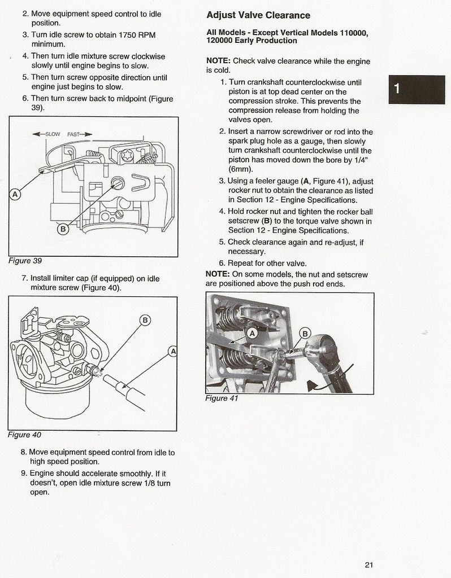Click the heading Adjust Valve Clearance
258,15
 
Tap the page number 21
369,564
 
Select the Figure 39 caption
25,261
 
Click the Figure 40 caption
24,435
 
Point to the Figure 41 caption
222,398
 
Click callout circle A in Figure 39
15,194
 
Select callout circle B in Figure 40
145,320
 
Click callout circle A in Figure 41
252,333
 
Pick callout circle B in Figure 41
305,333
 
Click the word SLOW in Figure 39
53,134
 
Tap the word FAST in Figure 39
74,134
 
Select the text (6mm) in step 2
240,169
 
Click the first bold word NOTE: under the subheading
219,61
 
